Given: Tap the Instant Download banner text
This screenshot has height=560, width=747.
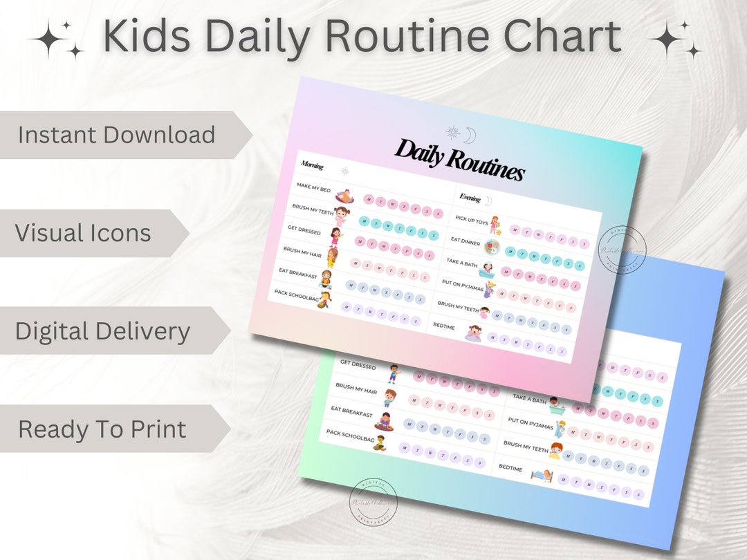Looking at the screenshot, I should click(x=116, y=135).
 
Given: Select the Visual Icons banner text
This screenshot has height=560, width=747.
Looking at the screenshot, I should click(x=83, y=233).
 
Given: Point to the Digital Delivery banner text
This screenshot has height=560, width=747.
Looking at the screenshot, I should click(x=102, y=331).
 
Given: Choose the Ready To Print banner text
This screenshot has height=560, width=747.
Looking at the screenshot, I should click(x=102, y=429).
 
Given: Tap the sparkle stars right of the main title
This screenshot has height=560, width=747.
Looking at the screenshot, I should click(x=674, y=40).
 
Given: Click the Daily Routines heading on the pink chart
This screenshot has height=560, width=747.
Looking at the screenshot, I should click(x=459, y=160).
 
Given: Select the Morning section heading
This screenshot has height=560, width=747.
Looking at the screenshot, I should click(x=313, y=165).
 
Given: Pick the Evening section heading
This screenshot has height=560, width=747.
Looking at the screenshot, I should click(x=470, y=198).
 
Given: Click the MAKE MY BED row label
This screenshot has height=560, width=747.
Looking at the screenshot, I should click(x=313, y=187).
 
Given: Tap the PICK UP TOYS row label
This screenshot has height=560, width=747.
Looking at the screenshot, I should click(x=472, y=221).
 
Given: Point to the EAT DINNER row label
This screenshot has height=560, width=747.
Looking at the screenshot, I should click(x=465, y=241).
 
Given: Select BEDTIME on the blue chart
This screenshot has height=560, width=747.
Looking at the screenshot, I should click(x=510, y=468).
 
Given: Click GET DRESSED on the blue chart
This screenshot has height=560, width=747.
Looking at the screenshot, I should click(x=358, y=364).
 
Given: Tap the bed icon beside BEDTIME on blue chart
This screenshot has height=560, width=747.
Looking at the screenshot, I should click(x=542, y=475).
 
